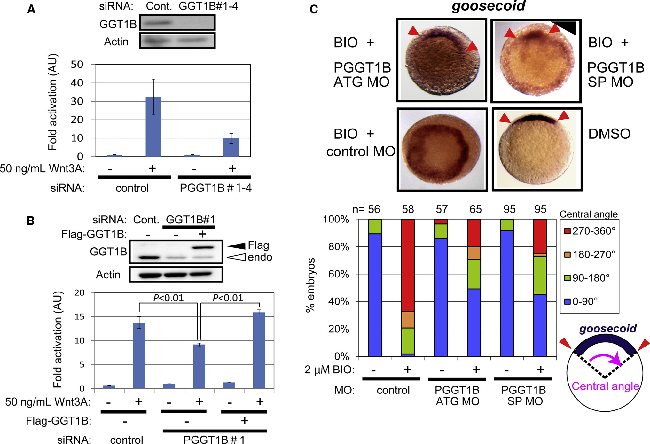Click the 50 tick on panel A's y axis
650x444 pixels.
[x=77, y=65]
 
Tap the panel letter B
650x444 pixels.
[x=31, y=221]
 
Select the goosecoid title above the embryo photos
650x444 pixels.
[x=488, y=6]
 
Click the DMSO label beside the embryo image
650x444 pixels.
[x=609, y=134]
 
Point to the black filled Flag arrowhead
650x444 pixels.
[x=237, y=245]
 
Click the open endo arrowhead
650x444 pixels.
[x=237, y=257]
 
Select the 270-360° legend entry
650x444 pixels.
[x=590, y=231]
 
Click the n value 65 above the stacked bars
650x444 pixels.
[x=475, y=209]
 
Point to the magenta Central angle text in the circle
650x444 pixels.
[x=605, y=386]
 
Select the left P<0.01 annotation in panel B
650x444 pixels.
[x=168, y=298]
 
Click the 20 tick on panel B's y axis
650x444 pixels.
[x=80, y=292]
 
